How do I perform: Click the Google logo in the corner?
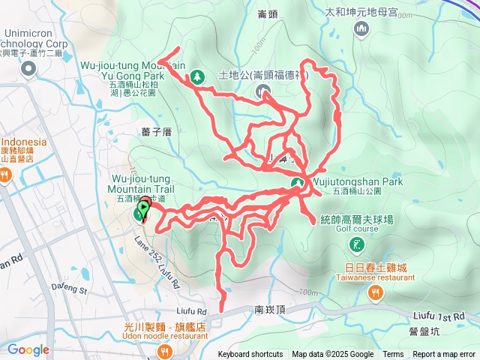(x=28, y=349)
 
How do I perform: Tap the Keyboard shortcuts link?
(x=250, y=355)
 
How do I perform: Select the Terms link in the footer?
(x=393, y=355)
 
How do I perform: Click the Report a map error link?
(x=445, y=355)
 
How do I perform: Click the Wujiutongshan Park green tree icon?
(x=297, y=183)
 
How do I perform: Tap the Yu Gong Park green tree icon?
(x=196, y=76)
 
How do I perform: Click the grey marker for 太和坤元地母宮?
(x=361, y=28)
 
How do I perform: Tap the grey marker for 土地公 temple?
(x=263, y=91)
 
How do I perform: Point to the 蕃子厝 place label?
(x=156, y=132)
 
